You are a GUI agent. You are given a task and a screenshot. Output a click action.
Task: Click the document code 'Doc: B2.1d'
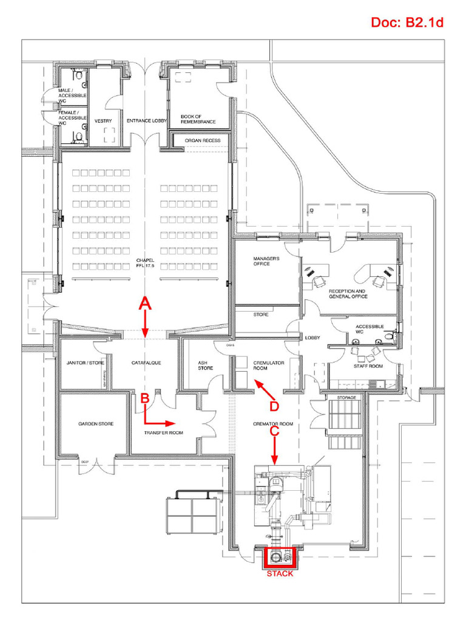(407, 23)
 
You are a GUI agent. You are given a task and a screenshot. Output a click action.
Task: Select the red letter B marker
(144, 398)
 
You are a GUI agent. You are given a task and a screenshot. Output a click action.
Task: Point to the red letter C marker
(274, 431)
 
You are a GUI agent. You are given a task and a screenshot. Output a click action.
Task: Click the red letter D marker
(274, 405)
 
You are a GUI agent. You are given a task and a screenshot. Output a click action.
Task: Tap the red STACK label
(280, 573)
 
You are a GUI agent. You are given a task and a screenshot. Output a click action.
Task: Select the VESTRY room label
(103, 121)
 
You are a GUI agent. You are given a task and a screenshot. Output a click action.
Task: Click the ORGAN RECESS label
(202, 140)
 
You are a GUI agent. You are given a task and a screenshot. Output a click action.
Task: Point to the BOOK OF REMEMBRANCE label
(198, 119)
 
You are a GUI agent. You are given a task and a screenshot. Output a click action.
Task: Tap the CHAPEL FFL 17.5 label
(145, 263)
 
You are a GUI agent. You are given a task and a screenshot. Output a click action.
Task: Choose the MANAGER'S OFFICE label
(266, 261)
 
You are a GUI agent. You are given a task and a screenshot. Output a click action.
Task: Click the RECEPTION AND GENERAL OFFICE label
(348, 294)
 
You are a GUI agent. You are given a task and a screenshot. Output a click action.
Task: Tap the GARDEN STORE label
(95, 424)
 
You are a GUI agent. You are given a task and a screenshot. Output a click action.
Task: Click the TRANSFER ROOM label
(163, 433)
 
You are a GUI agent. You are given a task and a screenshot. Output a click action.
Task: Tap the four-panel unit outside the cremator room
(192, 515)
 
